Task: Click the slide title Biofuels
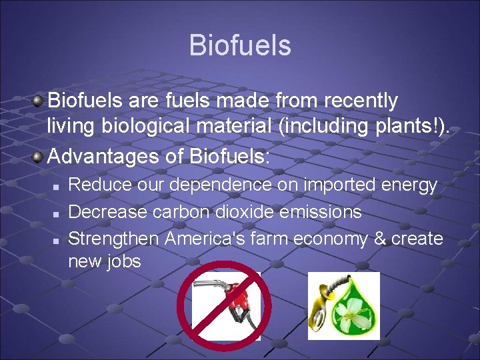pyautogui.click(x=240, y=45)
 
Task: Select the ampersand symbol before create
pyautogui.click(x=381, y=239)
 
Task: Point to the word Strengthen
pyautogui.click(x=114, y=239)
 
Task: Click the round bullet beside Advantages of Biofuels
pyautogui.click(x=39, y=157)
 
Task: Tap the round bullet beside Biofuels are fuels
pyautogui.click(x=39, y=102)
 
